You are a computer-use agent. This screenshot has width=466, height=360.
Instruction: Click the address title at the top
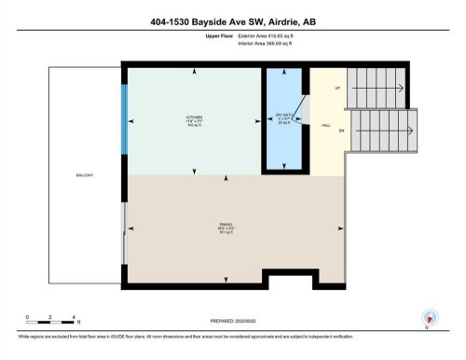pos(232,21)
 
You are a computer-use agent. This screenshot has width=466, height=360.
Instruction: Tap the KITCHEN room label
pos(194,119)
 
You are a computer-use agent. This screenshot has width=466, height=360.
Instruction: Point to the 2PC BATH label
pos(284,118)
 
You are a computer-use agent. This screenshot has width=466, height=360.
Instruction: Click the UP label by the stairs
pos(338,89)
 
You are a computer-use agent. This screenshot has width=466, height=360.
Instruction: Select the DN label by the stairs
pos(341,132)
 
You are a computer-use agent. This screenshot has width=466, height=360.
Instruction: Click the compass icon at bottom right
pos(430,317)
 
